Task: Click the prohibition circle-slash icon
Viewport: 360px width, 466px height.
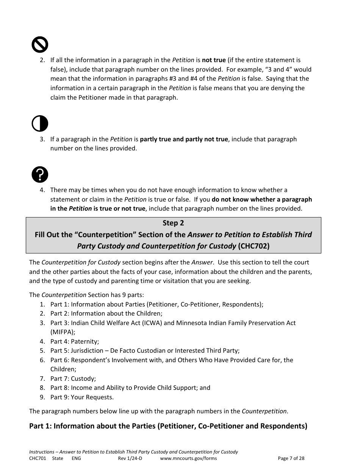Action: tap(39, 45)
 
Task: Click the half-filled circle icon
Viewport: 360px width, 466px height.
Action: tap(39, 124)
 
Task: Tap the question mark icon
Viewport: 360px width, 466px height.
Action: tap(39, 175)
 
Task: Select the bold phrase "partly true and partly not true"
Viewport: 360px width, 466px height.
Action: tap(184, 139)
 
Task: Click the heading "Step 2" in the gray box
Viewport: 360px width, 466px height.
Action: tap(173, 223)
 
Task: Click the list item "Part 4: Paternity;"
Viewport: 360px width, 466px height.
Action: tap(75, 341)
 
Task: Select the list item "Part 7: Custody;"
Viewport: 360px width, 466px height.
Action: tap(73, 378)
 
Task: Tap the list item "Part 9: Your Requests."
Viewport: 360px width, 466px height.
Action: tap(82, 397)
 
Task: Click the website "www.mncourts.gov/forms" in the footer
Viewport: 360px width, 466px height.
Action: tap(188, 458)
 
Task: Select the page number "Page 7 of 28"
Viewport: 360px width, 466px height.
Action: tap(291, 458)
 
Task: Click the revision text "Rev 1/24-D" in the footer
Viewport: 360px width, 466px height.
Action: tap(130, 458)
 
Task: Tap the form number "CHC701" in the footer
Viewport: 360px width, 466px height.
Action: tap(38, 458)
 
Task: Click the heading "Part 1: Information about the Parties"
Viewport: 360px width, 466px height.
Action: tap(168, 426)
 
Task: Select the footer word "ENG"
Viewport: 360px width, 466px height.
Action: tap(76, 458)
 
